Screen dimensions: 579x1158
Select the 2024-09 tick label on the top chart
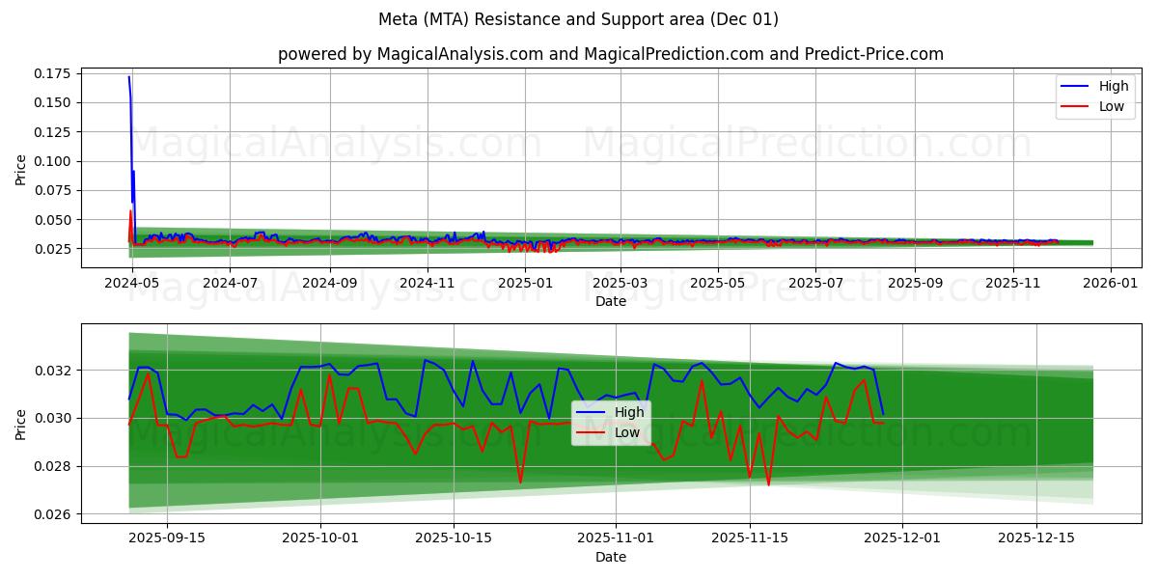click(330, 283)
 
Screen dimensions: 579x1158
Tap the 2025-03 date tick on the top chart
click(620, 283)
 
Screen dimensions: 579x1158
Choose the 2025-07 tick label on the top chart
click(815, 283)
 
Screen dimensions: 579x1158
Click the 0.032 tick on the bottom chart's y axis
click(54, 371)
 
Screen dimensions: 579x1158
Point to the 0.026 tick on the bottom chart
click(54, 514)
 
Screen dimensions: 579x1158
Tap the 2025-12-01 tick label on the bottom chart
click(902, 538)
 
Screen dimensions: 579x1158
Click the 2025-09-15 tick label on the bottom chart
click(167, 538)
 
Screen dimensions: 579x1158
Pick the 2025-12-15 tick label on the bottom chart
click(1035, 538)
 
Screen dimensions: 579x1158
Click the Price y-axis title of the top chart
click(21, 171)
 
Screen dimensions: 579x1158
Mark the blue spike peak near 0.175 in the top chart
click(129, 77)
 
